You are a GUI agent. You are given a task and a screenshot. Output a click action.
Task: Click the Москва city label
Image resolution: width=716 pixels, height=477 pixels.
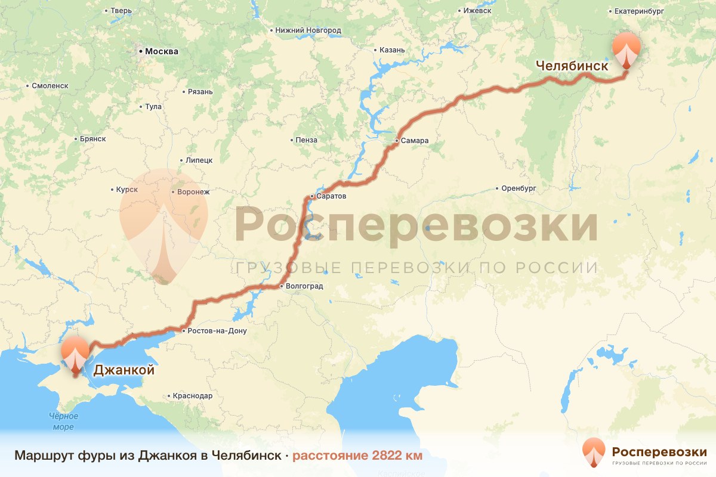click(x=162, y=51)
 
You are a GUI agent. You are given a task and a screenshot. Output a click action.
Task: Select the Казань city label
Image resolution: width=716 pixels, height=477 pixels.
click(x=393, y=49)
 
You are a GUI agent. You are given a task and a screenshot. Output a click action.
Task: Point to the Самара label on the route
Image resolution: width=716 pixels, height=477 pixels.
click(x=415, y=141)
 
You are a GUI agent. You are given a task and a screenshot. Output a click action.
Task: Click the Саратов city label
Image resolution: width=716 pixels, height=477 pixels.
click(x=331, y=196)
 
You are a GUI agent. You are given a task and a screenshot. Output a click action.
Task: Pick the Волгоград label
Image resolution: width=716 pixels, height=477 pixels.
click(x=304, y=286)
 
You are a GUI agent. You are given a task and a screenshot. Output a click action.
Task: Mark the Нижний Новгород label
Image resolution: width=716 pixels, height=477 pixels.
click(x=308, y=30)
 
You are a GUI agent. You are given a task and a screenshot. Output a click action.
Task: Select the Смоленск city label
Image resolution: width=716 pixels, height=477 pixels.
click(x=50, y=86)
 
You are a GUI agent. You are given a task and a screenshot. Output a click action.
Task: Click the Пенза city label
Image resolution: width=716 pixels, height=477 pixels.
click(x=306, y=140)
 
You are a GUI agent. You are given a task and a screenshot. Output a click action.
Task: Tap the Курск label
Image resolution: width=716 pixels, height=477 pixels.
click(x=128, y=190)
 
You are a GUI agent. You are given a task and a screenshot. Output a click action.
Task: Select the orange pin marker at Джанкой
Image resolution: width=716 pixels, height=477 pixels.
click(x=75, y=354)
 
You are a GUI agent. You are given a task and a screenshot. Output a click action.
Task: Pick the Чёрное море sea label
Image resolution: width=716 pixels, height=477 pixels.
click(x=61, y=422)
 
